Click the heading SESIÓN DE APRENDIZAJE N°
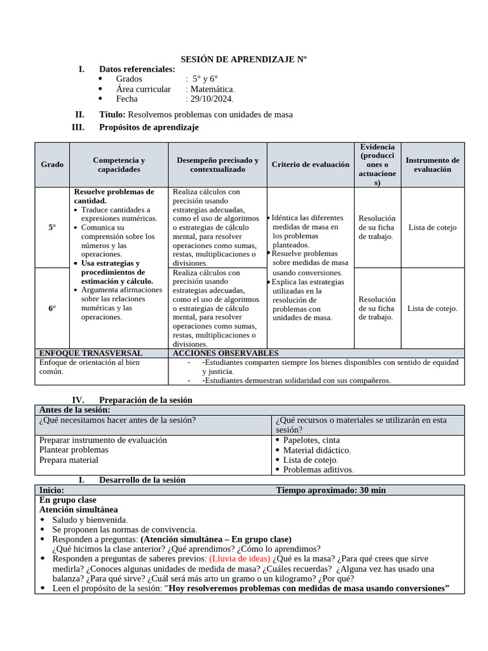[243, 59]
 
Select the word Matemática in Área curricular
[213, 89]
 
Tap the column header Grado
[52, 165]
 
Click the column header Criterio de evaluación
[310, 165]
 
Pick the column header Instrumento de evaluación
[432, 165]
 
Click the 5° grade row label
[52, 227]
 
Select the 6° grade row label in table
[52, 308]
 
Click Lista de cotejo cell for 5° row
[432, 227]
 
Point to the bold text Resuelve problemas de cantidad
[114, 196]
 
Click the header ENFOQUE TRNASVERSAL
[91, 353]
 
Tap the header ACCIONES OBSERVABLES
[226, 353]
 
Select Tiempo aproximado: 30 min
[330, 490]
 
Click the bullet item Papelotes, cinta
[311, 440]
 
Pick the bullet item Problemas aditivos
[318, 470]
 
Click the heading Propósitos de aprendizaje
[149, 127]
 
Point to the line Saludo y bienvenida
[90, 519]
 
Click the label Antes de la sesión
[74, 410]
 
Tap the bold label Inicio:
[51, 490]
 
